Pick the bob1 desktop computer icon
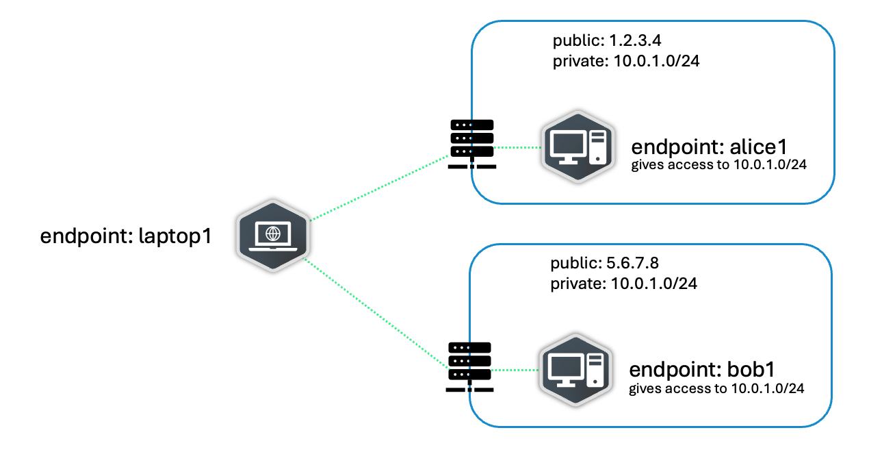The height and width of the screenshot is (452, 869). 573,371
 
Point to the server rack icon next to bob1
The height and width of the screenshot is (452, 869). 469,367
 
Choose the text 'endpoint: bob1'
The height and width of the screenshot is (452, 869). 701,371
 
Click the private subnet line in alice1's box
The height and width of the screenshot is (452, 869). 626,62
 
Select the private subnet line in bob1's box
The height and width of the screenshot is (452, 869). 623,284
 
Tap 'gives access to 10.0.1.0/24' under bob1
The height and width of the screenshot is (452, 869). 716,388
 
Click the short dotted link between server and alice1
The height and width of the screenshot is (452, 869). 517,147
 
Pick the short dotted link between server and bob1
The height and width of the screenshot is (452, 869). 515,371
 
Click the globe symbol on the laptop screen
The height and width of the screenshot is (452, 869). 273,234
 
